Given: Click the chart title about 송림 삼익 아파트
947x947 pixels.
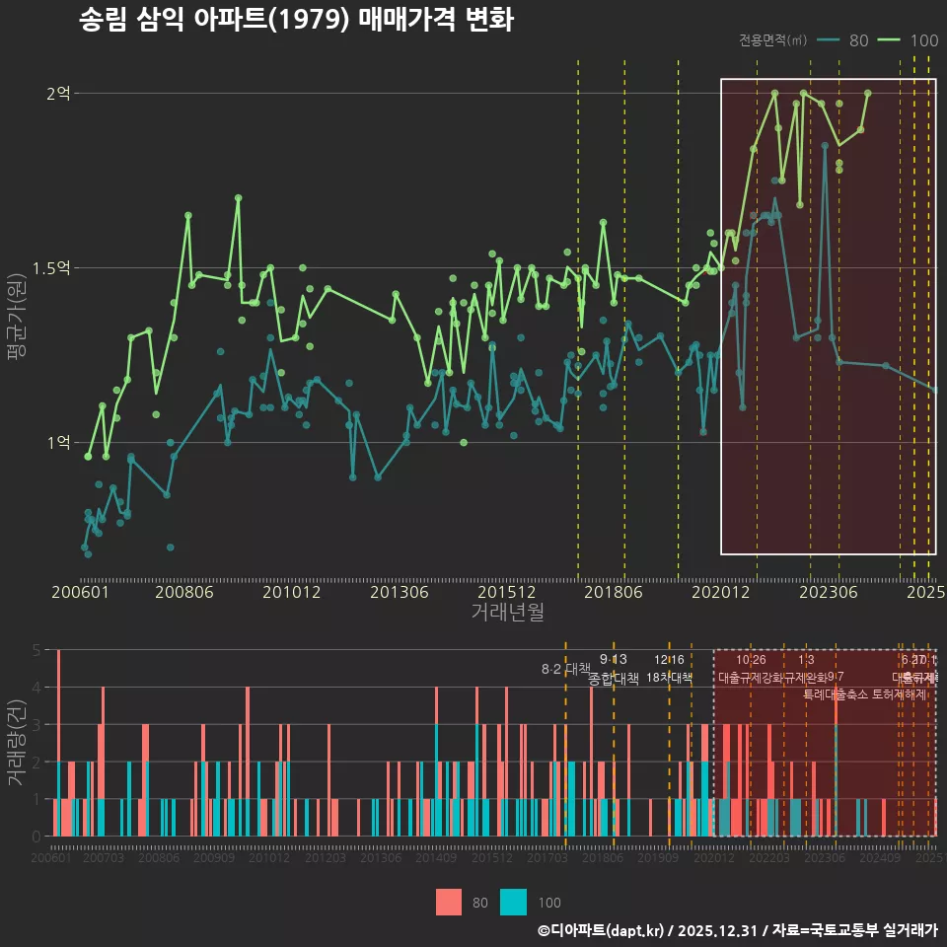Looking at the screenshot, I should pos(296,20).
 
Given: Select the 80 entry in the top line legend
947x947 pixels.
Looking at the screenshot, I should pos(858,40).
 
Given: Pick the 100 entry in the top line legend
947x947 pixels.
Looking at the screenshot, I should pos(924,40).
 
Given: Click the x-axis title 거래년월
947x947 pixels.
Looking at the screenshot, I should pos(507,612).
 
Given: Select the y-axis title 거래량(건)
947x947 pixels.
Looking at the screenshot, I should pos(17,743).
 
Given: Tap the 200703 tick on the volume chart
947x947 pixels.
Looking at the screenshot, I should pos(104,859).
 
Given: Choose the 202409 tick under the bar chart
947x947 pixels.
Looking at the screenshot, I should pos(878,859).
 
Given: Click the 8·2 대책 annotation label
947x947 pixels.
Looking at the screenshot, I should pos(566,669).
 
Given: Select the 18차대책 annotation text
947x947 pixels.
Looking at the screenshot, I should pos(669,678).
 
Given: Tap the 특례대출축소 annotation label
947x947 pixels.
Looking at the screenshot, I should pos(836,693).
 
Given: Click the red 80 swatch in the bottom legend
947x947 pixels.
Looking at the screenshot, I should pos(449,902).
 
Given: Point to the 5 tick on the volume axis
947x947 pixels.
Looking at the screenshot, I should pos(36,650).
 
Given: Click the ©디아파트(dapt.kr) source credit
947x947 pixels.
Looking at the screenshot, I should pos(602,930).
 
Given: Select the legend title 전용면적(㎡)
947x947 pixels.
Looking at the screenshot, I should pos(772,40).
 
